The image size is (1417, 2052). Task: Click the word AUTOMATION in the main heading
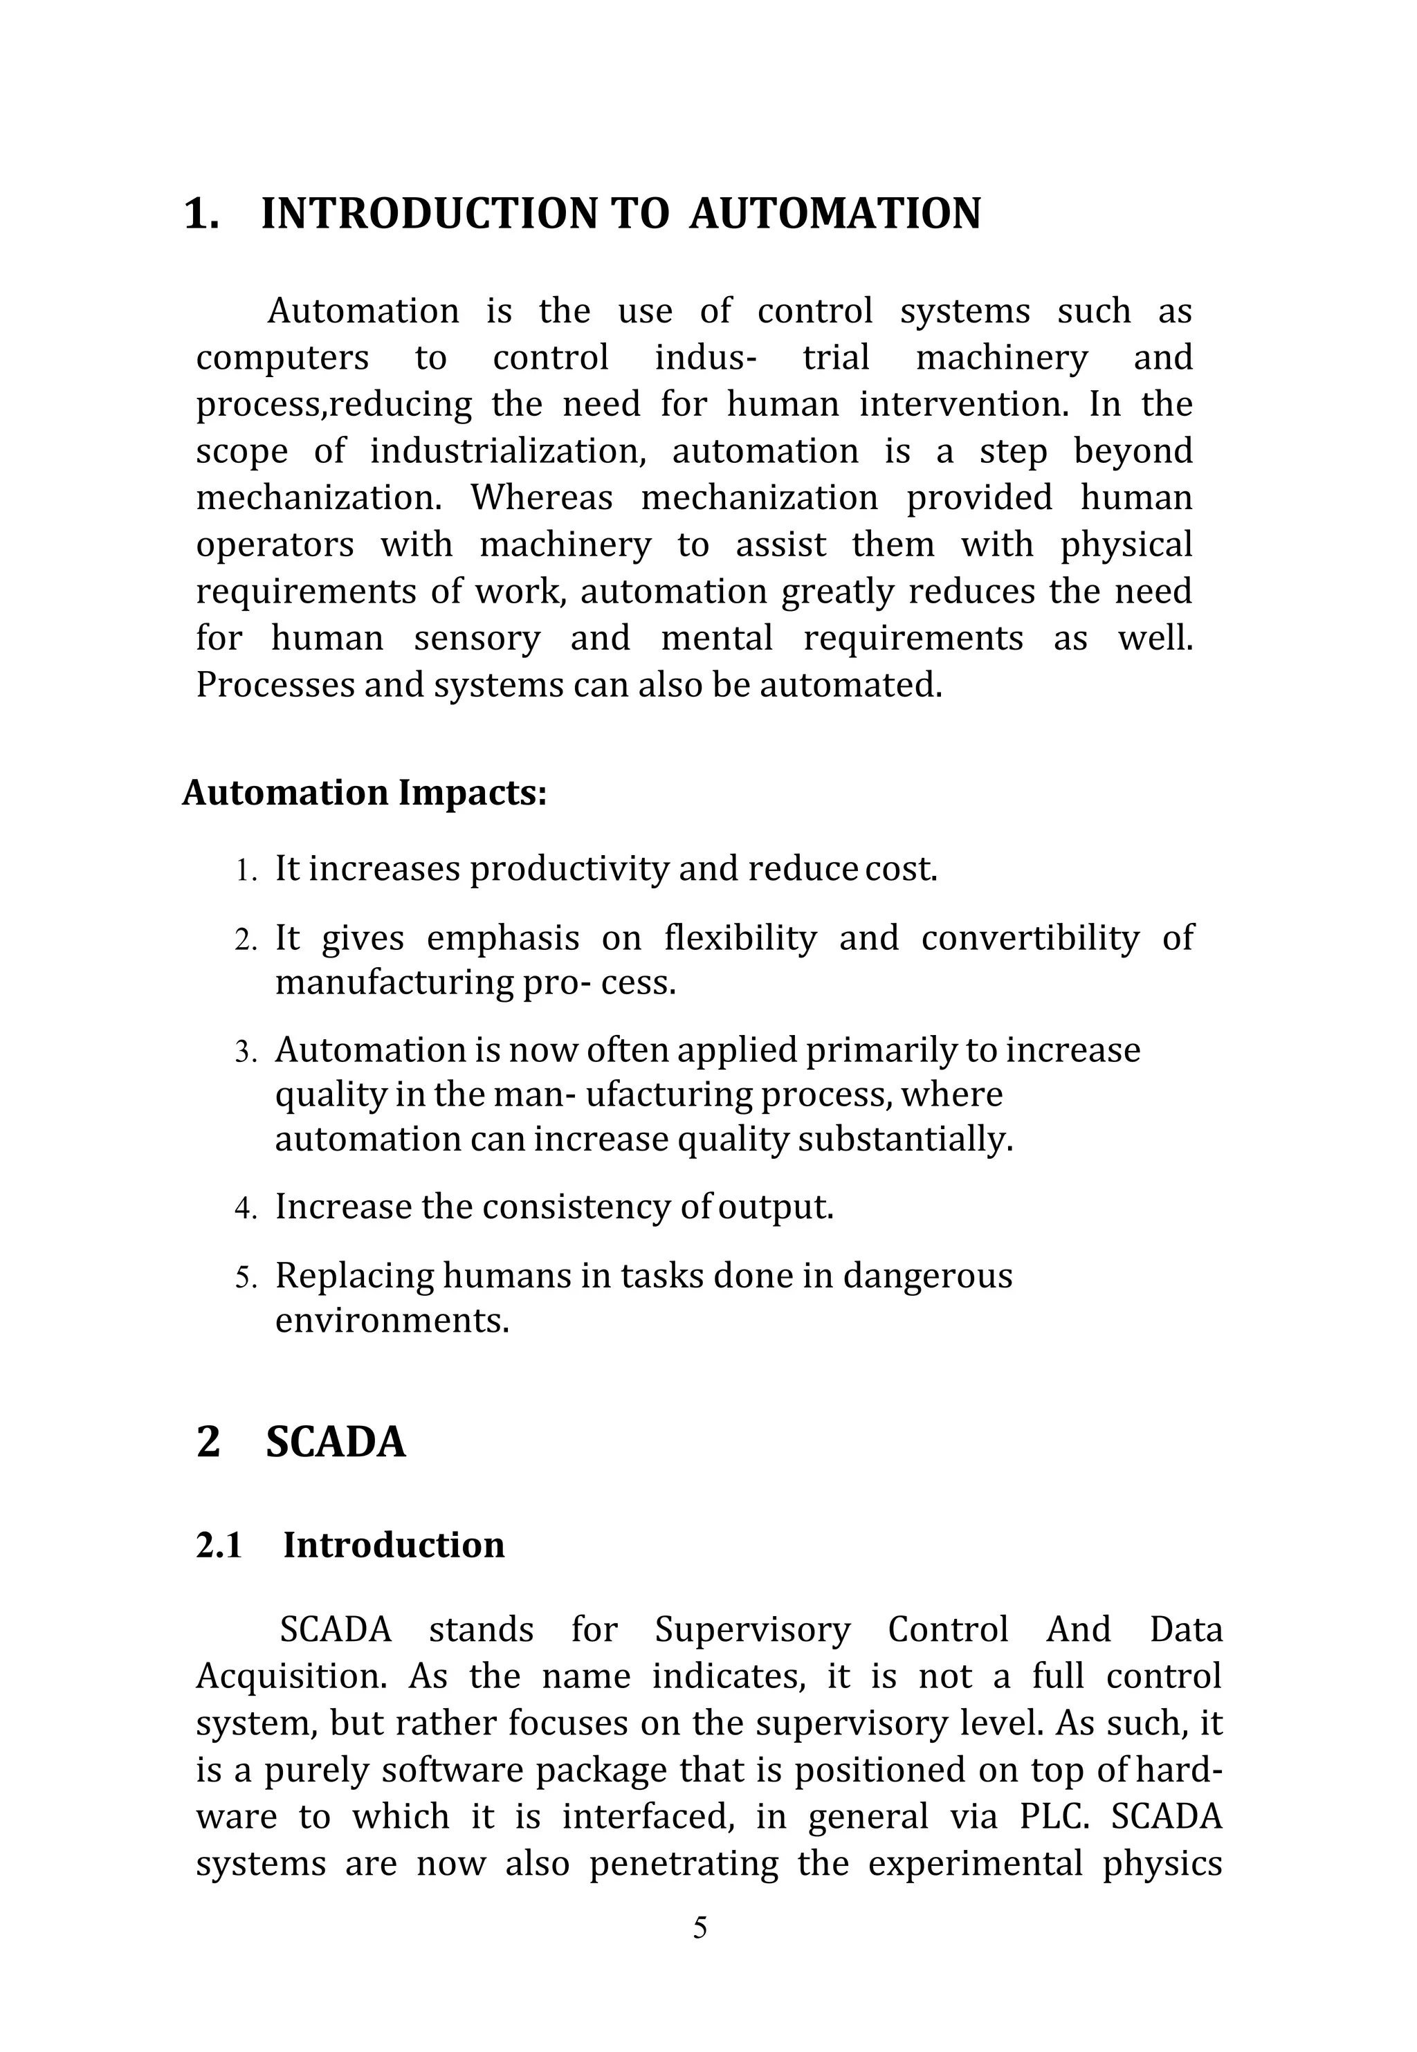834,214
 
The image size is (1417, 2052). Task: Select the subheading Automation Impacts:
364,793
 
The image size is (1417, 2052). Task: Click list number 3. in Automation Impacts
246,1052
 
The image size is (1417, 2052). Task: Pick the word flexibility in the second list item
740,938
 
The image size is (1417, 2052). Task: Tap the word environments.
392,1321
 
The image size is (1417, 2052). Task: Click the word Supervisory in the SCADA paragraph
752,1629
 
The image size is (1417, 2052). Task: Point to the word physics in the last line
1162,1863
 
